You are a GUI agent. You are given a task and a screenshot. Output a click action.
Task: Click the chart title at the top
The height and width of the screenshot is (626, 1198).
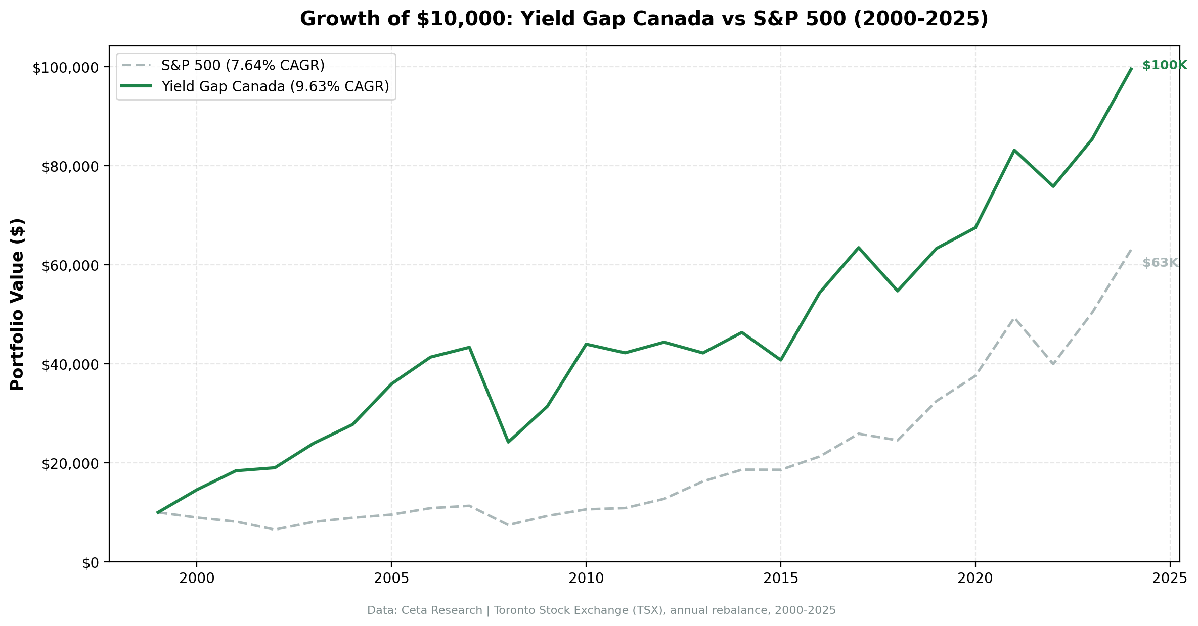click(644, 19)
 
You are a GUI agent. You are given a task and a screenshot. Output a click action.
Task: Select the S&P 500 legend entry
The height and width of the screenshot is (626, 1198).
click(243, 65)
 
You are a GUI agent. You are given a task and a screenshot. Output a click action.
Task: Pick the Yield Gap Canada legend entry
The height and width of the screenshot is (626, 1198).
click(275, 87)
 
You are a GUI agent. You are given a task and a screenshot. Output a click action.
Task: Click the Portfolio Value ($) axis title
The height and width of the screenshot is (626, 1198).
click(17, 304)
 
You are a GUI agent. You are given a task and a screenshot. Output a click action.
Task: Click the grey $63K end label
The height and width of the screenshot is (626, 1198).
click(1160, 263)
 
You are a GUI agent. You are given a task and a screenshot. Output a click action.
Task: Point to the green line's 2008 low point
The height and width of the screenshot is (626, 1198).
click(508, 442)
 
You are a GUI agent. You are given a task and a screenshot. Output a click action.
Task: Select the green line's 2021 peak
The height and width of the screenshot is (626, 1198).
click(1014, 150)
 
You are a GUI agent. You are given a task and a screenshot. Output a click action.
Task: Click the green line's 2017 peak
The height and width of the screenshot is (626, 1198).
click(858, 248)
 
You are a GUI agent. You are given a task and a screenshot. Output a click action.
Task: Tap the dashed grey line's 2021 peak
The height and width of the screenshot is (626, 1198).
click(1014, 318)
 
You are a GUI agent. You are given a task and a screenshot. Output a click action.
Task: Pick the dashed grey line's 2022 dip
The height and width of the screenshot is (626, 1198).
click(1053, 364)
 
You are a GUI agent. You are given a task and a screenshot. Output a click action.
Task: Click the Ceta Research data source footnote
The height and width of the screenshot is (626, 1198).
click(601, 610)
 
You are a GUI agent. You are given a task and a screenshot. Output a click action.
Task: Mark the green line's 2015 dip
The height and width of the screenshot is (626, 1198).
click(780, 360)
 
